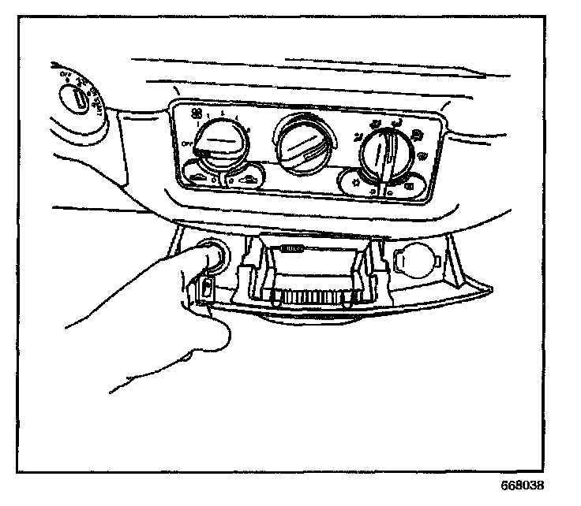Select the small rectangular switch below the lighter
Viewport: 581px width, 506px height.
[207, 290]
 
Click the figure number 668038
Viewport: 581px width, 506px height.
[521, 486]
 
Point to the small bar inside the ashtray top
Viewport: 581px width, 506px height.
[292, 249]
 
